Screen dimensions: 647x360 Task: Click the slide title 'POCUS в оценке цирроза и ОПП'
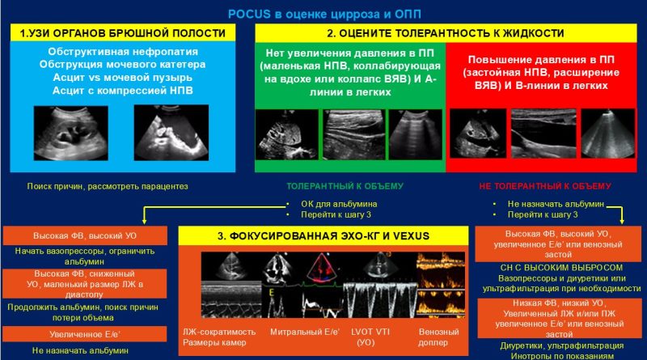[324, 14]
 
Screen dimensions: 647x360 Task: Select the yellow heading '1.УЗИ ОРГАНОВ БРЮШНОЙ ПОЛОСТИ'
[123, 33]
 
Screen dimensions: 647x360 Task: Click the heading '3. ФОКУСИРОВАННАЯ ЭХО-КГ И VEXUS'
[323, 235]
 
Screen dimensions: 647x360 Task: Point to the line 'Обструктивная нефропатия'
[123, 52]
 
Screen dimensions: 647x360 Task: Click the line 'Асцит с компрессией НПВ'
[123, 91]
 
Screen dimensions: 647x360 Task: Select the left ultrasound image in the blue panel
[71, 133]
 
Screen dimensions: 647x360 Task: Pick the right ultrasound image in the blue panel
[171, 133]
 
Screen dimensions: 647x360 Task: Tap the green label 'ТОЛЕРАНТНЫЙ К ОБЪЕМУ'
[345, 186]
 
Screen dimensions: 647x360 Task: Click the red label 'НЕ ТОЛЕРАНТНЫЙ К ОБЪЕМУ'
[545, 186]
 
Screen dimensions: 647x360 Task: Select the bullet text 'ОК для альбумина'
[339, 204]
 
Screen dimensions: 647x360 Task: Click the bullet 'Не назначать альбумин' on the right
[556, 204]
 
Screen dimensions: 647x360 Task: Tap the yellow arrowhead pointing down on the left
[144, 221]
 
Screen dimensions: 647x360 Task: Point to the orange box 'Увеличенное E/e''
[85, 334]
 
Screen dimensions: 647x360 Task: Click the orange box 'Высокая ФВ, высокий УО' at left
[85, 235]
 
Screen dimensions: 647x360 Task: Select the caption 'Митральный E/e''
[305, 332]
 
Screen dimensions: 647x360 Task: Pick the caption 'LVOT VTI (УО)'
[370, 337]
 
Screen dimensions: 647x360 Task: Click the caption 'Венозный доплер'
[438, 337]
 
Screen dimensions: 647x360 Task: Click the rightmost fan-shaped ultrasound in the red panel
[608, 133]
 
